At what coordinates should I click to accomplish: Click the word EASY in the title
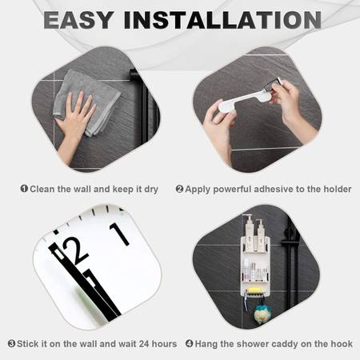tap(78, 20)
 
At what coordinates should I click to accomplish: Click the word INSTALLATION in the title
tap(222, 20)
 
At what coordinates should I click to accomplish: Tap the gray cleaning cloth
tap(86, 102)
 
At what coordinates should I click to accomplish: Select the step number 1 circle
tap(24, 189)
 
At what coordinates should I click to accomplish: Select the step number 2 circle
tap(179, 189)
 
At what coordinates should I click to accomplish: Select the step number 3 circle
tap(11, 343)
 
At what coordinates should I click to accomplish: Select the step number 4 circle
tap(190, 343)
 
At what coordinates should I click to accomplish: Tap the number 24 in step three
tap(144, 343)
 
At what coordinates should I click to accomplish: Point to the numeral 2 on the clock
tap(75, 250)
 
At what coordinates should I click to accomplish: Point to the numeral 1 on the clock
tap(119, 234)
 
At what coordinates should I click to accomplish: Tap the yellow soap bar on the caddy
tap(254, 290)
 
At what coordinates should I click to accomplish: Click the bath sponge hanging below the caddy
tap(262, 314)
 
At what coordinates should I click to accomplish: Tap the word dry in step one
tap(151, 190)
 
